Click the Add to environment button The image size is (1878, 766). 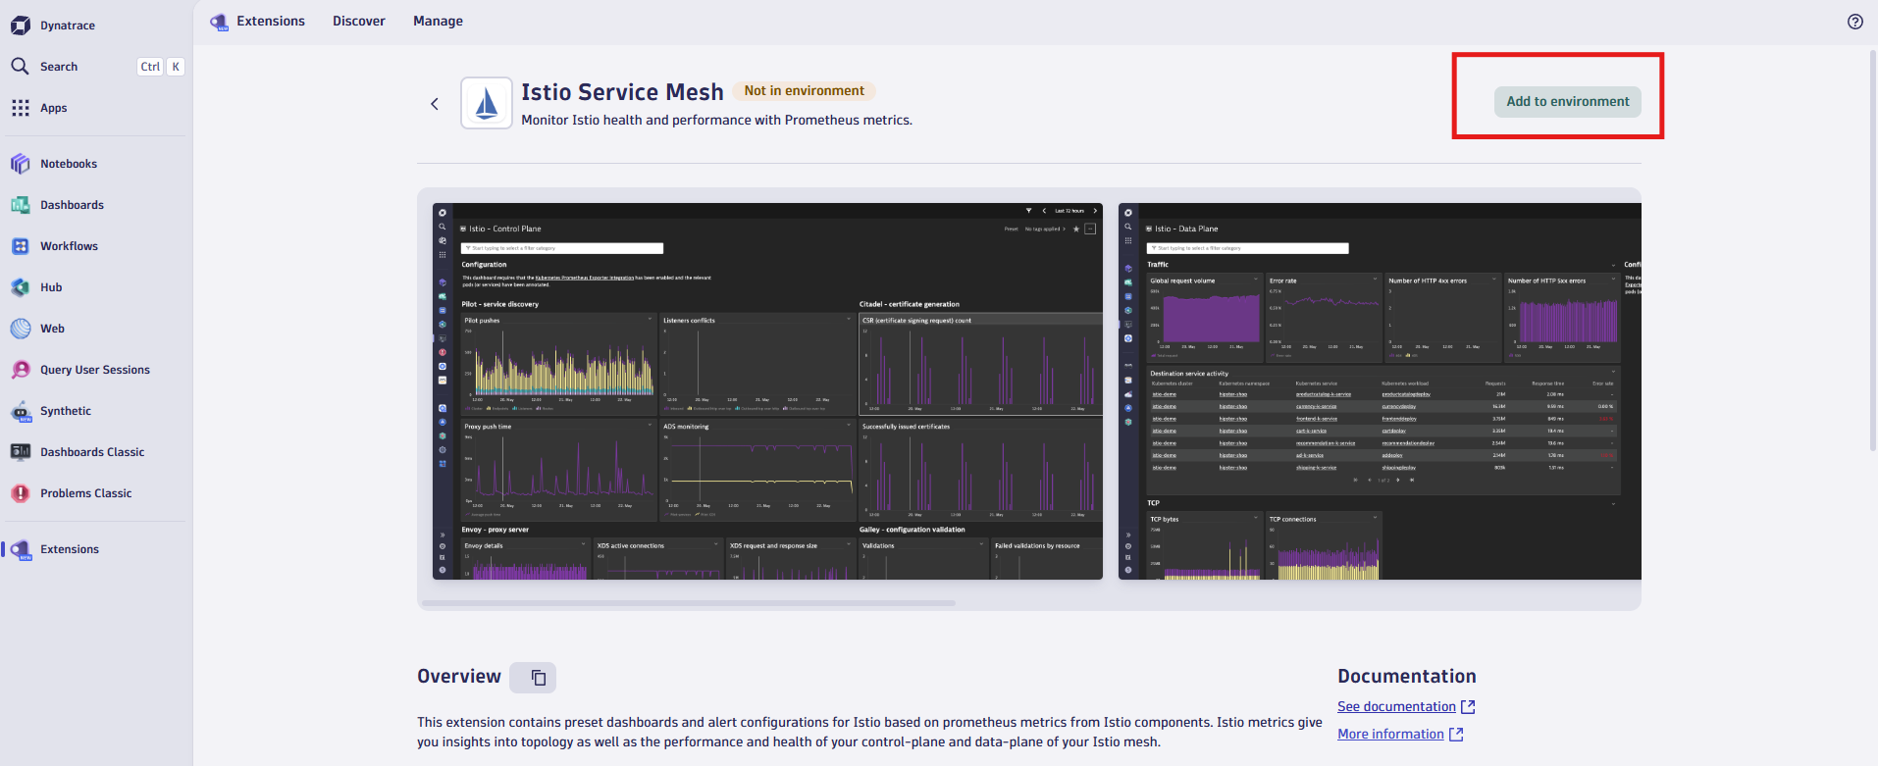1567,102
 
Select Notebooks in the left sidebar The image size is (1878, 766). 69,164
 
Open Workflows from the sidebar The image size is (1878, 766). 69,246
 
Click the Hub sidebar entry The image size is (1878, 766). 51,287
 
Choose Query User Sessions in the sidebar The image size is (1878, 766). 94,370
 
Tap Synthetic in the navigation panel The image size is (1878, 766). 65,411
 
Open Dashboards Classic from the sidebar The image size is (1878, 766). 91,452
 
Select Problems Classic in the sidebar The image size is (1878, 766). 85,493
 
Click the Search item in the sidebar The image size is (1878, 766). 59,67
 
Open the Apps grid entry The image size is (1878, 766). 53,108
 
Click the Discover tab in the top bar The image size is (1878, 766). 358,22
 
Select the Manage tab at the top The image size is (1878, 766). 438,22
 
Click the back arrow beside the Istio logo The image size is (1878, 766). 435,104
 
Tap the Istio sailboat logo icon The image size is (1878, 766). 487,103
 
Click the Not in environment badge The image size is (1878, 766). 804,91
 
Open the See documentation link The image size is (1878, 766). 1396,707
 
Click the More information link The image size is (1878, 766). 1390,735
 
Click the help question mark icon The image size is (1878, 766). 1854,22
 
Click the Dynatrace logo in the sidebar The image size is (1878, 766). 21,26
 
